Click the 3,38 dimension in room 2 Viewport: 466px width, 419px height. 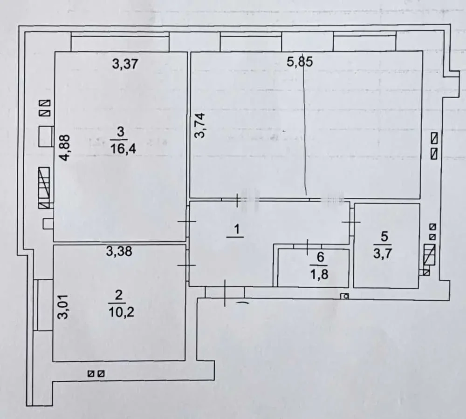[x=119, y=252]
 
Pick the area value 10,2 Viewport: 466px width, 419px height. [x=119, y=311]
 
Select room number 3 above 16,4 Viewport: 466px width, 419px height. [x=120, y=133]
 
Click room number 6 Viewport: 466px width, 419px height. [x=319, y=257]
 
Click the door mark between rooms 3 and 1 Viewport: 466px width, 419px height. [x=187, y=222]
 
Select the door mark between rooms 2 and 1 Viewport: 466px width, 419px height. [x=187, y=265]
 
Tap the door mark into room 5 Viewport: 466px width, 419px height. [x=351, y=222]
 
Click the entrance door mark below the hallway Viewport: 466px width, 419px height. [x=225, y=293]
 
